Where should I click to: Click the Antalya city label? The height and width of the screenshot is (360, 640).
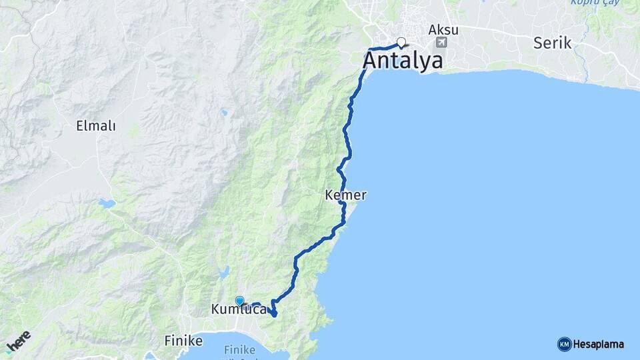point(403,61)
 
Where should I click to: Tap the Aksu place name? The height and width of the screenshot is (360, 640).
point(443,30)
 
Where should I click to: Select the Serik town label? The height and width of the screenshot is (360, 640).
point(553,43)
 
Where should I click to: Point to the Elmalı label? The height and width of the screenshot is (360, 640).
point(96,125)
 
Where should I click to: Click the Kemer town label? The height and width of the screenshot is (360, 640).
point(345,195)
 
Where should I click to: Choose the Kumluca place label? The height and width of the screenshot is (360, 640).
point(238,309)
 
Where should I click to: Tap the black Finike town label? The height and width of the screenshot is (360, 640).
point(183,341)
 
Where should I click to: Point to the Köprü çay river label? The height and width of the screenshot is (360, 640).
point(592,3)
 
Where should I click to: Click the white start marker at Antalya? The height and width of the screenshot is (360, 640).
point(401,42)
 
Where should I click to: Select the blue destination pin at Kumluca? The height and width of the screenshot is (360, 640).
point(239,301)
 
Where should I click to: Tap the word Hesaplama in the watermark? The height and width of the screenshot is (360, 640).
point(599,345)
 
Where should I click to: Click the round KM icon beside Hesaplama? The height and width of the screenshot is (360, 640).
point(564,345)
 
